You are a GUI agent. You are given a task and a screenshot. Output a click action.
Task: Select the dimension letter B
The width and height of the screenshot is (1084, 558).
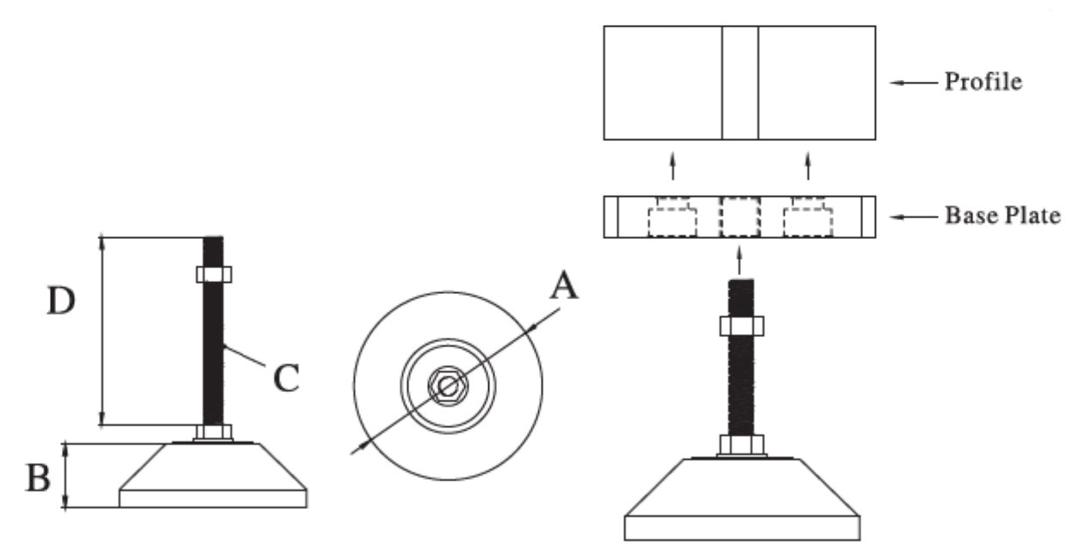[x=38, y=478]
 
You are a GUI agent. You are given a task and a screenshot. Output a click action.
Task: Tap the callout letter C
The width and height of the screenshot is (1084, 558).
[x=286, y=377]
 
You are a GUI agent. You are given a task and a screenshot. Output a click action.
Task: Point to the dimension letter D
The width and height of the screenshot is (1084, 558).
[x=62, y=301]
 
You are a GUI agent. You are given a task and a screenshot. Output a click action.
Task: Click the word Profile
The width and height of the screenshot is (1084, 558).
[x=983, y=83]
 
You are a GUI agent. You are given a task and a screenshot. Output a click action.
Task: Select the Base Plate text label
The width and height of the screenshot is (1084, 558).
[x=1001, y=215]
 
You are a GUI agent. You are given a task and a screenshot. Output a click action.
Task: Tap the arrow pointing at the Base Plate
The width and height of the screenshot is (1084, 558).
[x=913, y=216]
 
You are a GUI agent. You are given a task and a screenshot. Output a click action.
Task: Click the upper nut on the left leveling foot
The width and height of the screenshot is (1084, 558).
[x=212, y=274]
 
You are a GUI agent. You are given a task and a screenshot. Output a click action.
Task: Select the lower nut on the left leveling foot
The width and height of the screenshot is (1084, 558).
[x=212, y=432]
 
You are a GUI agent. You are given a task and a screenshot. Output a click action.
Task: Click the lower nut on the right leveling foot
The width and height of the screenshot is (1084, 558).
[x=740, y=446]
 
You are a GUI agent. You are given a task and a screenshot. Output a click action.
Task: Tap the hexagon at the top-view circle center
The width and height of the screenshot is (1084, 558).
[x=447, y=387]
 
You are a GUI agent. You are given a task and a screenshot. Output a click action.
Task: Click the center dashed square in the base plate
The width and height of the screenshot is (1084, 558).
[x=739, y=217]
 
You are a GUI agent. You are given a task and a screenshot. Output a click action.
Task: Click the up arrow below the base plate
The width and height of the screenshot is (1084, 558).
[x=739, y=257]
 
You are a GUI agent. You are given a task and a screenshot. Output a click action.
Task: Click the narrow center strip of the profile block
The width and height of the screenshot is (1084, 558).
[x=739, y=83]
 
